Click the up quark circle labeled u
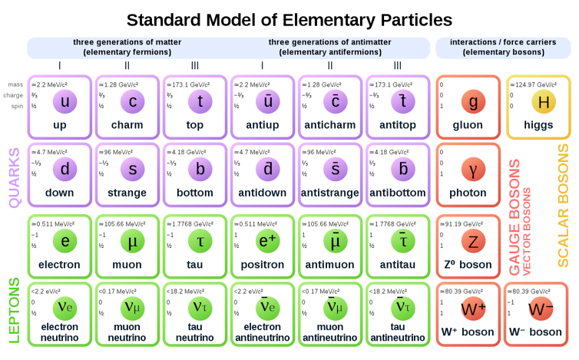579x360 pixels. coord(65,101)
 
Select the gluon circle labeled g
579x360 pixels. coord(473,101)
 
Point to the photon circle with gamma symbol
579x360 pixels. coord(473,168)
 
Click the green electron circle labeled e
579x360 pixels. coord(65,240)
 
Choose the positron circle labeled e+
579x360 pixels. coord(268,240)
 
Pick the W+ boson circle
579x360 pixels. coord(473,310)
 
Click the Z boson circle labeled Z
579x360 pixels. coord(473,240)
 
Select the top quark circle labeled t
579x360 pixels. coord(200,101)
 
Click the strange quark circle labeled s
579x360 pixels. coord(133,168)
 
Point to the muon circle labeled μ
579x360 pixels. coord(133,240)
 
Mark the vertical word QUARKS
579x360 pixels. coord(14,177)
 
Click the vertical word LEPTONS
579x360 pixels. coord(14,310)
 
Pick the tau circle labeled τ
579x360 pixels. coord(200,240)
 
